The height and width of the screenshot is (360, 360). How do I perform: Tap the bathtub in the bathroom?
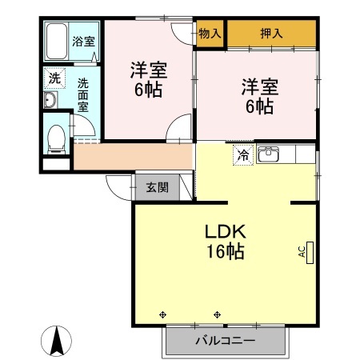click(x=58, y=40)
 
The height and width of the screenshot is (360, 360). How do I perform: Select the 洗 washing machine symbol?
click(x=54, y=78)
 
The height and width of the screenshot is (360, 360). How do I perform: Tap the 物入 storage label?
click(x=210, y=34)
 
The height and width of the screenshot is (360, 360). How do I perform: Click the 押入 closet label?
click(x=270, y=34)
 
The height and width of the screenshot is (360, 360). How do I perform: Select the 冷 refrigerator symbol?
click(x=242, y=156)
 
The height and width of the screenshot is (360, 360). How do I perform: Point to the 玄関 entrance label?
click(x=158, y=188)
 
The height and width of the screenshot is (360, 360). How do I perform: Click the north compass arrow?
click(x=58, y=342)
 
